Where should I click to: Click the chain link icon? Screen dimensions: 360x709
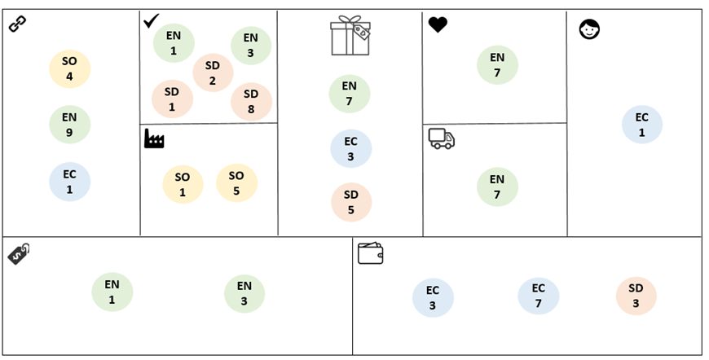pos(17,24)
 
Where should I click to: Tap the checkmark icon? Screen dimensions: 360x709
pos(151,20)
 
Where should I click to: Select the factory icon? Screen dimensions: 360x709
pos(154,139)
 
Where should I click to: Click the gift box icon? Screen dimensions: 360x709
pos(350,37)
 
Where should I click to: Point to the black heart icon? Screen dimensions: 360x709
pos(438,25)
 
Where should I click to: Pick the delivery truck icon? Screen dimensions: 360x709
pos(441,138)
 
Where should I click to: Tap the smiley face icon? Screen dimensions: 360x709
pos(589,30)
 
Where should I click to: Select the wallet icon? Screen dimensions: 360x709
pos(370,253)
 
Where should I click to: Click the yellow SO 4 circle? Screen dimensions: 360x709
pos(69,68)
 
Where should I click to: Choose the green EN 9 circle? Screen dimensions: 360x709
pos(69,125)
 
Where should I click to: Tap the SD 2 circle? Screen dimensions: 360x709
pos(213,72)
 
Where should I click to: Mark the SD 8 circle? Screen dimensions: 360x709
pos(251,102)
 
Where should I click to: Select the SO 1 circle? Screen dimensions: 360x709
pos(183,184)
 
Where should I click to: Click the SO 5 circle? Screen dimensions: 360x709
pos(236,183)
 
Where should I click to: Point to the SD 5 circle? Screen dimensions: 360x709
pos(351,202)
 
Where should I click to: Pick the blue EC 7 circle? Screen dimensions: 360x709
pos(539,296)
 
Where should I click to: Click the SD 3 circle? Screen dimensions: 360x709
pos(636,296)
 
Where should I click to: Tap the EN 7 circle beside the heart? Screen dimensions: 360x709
pos(497,65)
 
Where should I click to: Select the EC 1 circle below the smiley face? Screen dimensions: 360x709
pos(641,125)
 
